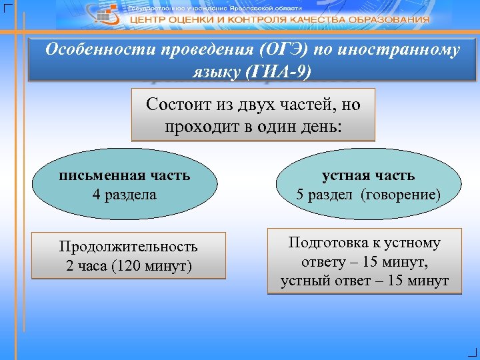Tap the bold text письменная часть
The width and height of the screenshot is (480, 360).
pyautogui.click(x=125, y=175)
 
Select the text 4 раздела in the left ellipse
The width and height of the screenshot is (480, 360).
pyautogui.click(x=125, y=195)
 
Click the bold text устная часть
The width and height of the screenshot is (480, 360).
pyautogui.click(x=368, y=175)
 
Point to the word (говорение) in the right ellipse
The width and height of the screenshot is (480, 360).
pyautogui.click(x=400, y=195)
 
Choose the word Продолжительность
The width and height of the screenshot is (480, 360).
pyautogui.click(x=129, y=247)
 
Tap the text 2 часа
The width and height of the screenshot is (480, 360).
pyautogui.click(x=87, y=266)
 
